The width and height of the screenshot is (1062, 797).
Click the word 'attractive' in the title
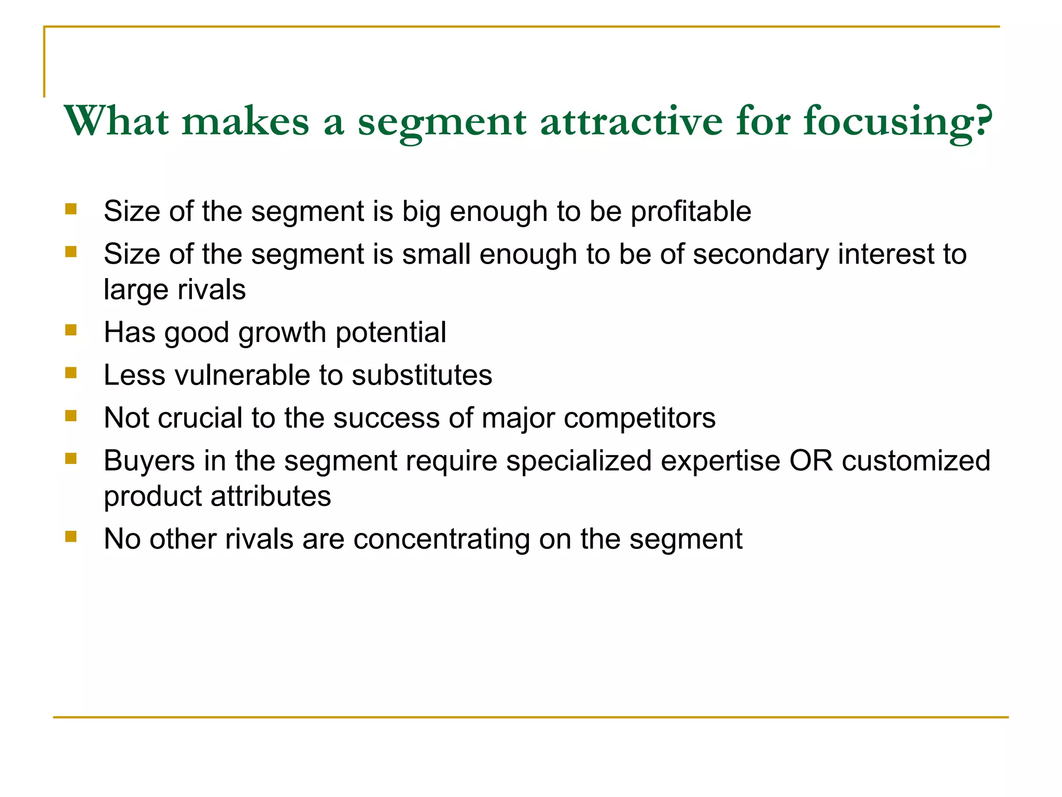pyautogui.click(x=631, y=121)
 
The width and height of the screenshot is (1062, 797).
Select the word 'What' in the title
pyautogui.click(x=116, y=121)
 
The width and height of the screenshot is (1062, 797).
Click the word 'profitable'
pyautogui.click(x=691, y=212)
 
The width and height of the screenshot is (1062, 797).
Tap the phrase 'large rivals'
pyautogui.click(x=175, y=290)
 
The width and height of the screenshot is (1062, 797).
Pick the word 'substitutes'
pyautogui.click(x=422, y=375)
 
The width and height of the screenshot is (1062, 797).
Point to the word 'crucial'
pyautogui.click(x=200, y=418)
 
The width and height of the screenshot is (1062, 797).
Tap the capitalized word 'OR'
pyautogui.click(x=811, y=461)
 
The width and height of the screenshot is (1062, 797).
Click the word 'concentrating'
pyautogui.click(x=441, y=539)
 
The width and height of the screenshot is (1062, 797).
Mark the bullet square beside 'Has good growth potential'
pyautogui.click(x=71, y=330)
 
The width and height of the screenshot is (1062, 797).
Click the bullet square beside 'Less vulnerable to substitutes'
pyautogui.click(x=71, y=373)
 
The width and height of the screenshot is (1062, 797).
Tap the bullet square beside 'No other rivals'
pyautogui.click(x=71, y=536)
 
